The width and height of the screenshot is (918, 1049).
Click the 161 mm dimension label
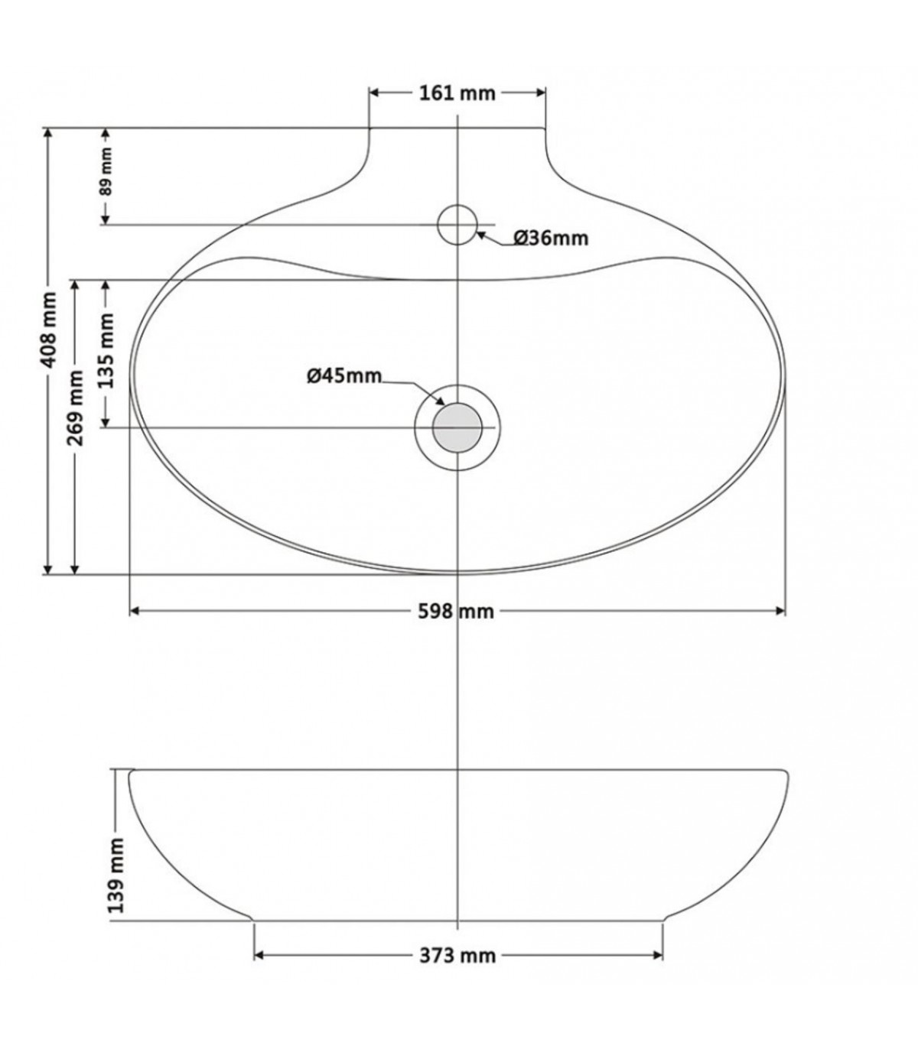click(457, 93)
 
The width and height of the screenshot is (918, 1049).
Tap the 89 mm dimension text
click(106, 171)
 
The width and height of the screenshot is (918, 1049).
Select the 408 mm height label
click(49, 330)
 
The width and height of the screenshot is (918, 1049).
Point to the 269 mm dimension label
click(76, 408)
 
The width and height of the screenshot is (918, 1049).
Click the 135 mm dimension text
click(106, 351)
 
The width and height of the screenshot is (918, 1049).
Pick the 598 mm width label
click(455, 612)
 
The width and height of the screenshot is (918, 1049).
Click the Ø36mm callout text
click(551, 238)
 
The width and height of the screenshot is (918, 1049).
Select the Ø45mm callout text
click(345, 376)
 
